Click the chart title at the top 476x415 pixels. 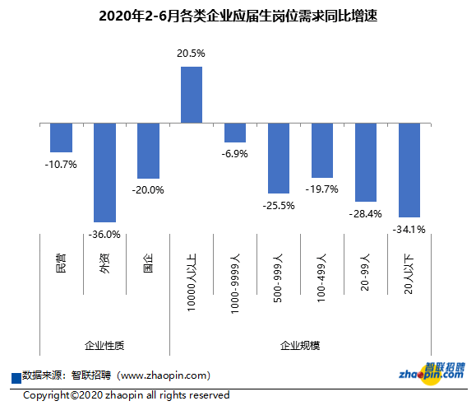[x=238, y=16]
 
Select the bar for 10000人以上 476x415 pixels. [x=192, y=95]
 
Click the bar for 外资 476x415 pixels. [x=104, y=173]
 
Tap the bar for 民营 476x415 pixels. [x=61, y=138]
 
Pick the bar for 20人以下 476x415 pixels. [x=409, y=170]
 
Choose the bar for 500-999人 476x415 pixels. [x=279, y=158]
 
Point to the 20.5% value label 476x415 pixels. [x=191, y=54]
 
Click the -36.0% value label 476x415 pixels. [x=104, y=234]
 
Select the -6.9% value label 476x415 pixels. [x=235, y=155]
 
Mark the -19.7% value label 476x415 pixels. [x=322, y=189]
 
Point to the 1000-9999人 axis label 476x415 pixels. [x=235, y=281]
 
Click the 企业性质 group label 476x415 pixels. [x=104, y=345]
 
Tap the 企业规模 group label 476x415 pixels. [x=300, y=345]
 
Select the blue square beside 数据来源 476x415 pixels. [x=16, y=377]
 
